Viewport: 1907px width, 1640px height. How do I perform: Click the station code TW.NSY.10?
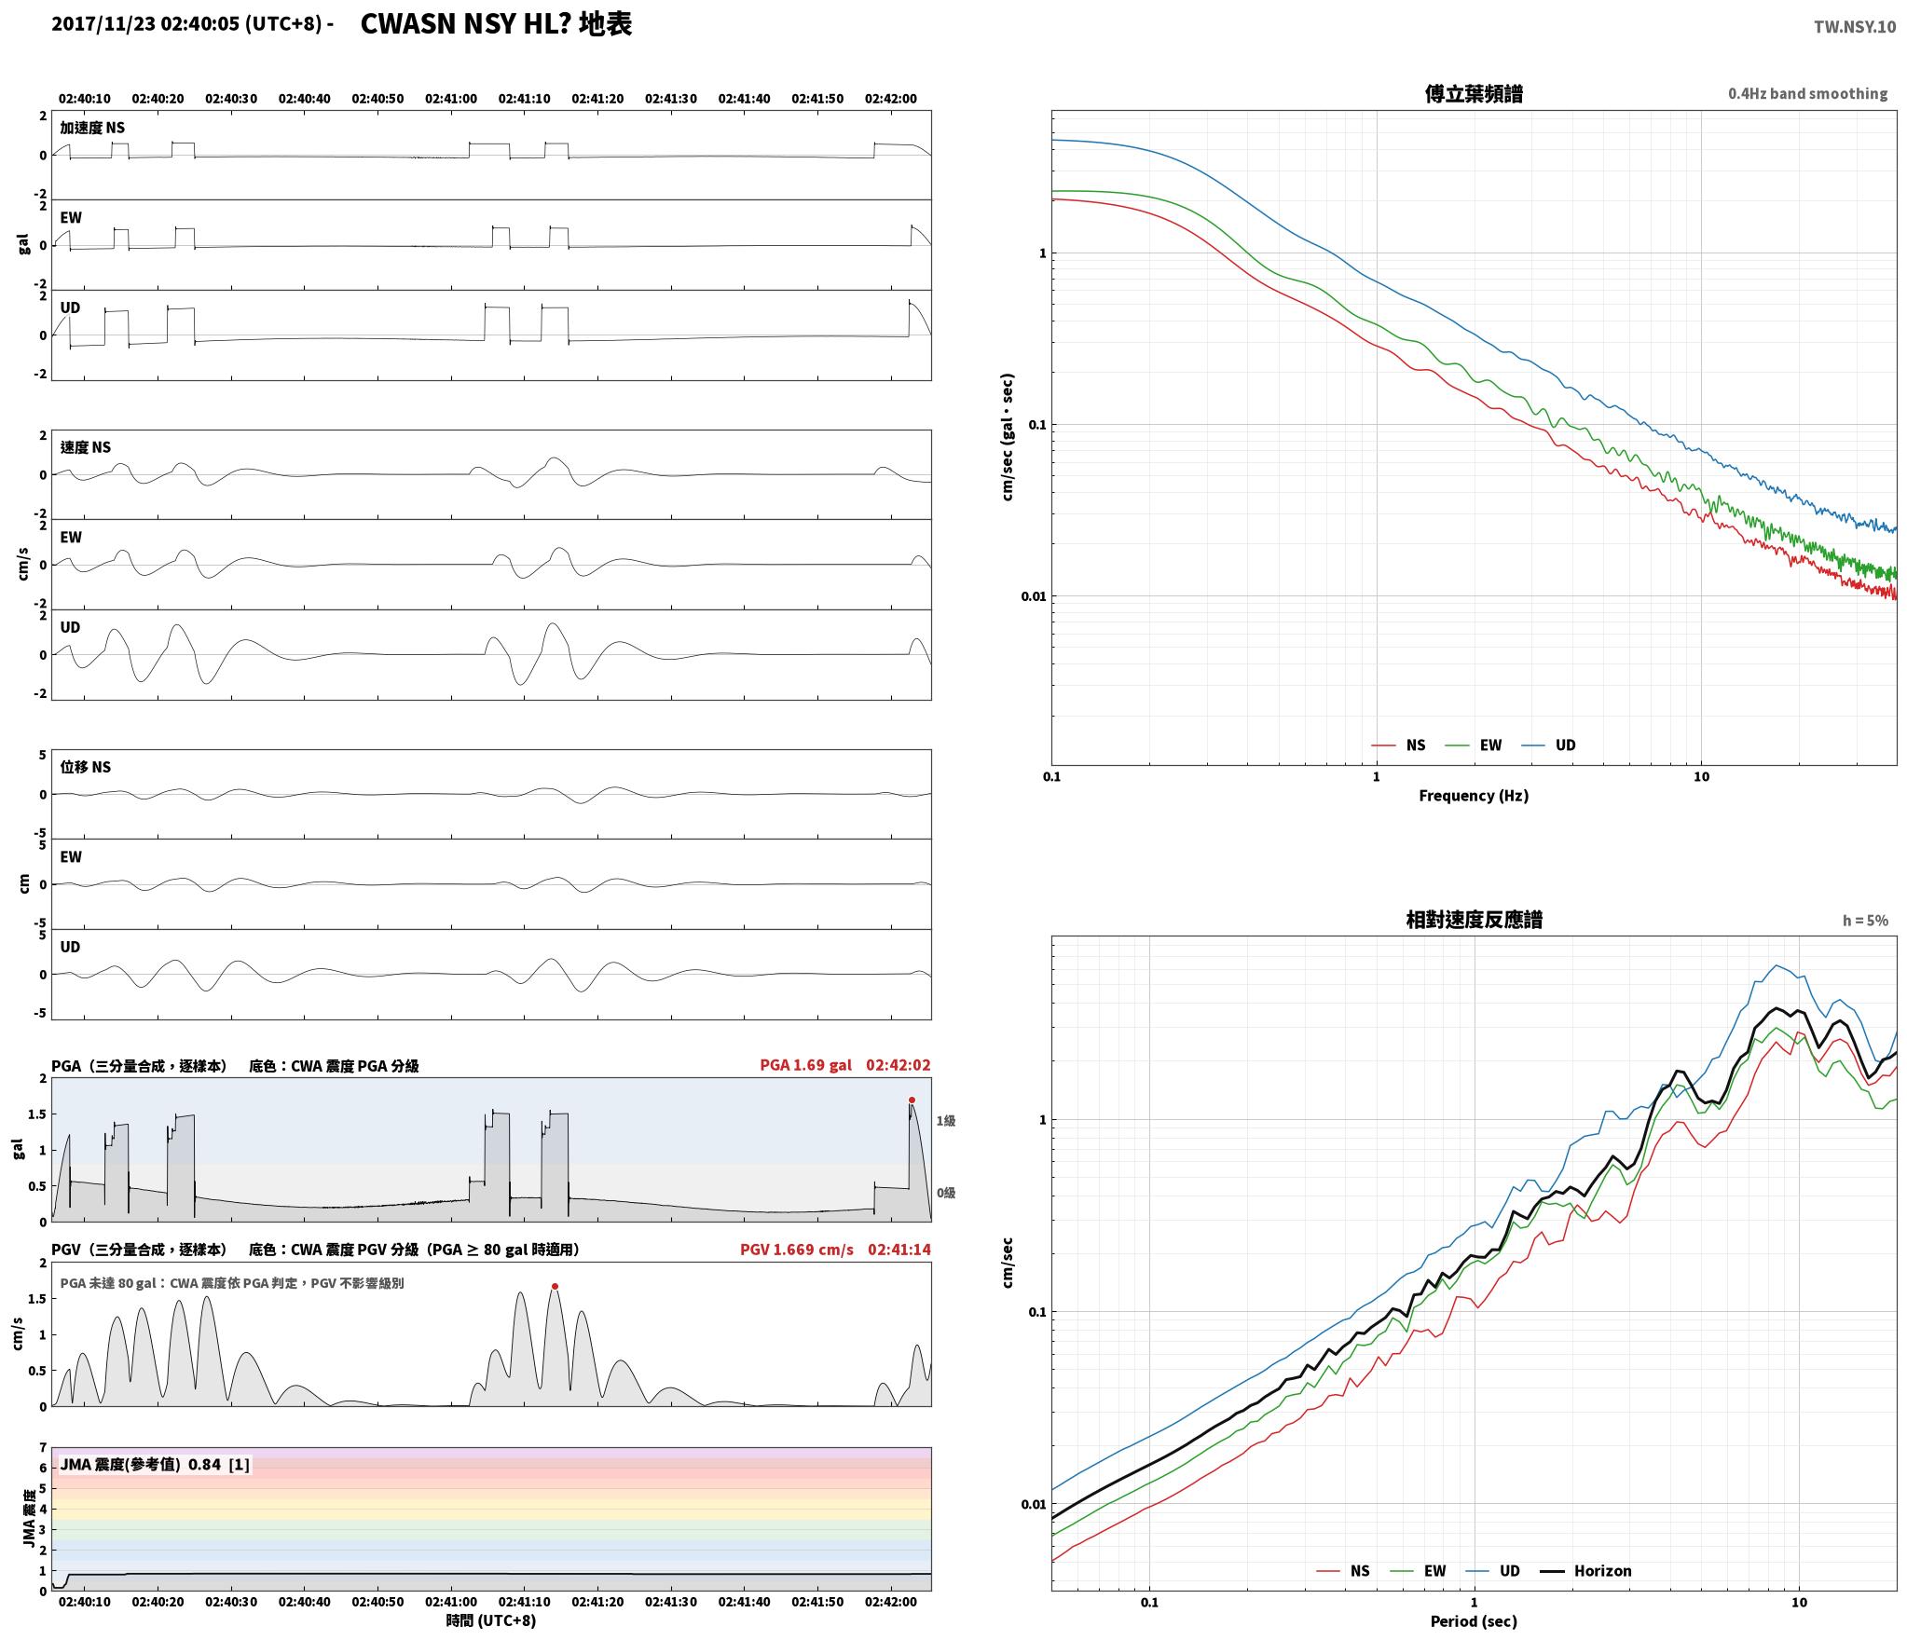pyautogui.click(x=1854, y=27)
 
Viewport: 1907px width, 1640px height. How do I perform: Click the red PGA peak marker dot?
pyautogui.click(x=912, y=1100)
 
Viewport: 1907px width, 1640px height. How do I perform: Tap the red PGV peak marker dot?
pyautogui.click(x=555, y=1286)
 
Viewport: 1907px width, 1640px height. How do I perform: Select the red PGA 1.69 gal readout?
pyautogui.click(x=805, y=1065)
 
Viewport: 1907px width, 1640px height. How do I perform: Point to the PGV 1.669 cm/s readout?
pyautogui.click(x=796, y=1250)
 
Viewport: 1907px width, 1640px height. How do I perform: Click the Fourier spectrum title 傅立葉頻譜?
pyautogui.click(x=1474, y=93)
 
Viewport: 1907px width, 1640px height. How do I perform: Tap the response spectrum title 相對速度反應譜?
pyautogui.click(x=1474, y=920)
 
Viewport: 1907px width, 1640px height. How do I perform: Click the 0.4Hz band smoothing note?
pyautogui.click(x=1807, y=94)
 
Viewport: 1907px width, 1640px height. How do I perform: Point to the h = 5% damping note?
pyautogui.click(x=1865, y=921)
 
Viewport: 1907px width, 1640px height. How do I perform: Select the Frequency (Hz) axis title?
pyautogui.click(x=1474, y=795)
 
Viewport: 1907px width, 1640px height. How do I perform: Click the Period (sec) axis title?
pyautogui.click(x=1474, y=1621)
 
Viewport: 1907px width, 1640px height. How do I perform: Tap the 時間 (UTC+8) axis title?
pyautogui.click(x=491, y=1619)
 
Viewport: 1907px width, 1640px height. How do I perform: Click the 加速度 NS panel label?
pyautogui.click(x=92, y=128)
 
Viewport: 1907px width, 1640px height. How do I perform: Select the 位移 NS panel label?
pyautogui.click(x=85, y=767)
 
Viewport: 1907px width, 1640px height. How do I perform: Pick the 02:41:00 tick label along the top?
pyautogui.click(x=451, y=99)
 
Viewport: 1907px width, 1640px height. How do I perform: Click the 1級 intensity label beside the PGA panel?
pyautogui.click(x=946, y=1121)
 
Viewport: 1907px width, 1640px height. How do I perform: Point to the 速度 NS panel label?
pyautogui.click(x=85, y=447)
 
